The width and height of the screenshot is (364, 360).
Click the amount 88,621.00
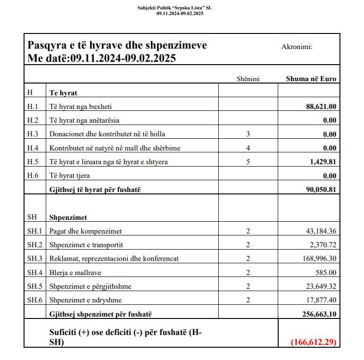(x=321, y=107)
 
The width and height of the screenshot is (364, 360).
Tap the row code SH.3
(x=34, y=259)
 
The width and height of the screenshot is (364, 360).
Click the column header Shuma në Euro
(x=311, y=79)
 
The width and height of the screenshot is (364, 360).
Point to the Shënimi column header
(x=248, y=79)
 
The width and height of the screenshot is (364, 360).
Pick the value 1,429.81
(x=323, y=162)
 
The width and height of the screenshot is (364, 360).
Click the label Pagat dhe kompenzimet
(x=85, y=231)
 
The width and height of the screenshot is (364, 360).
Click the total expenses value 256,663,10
(x=318, y=314)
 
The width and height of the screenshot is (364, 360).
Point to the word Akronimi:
(x=297, y=47)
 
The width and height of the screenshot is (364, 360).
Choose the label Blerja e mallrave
(x=75, y=272)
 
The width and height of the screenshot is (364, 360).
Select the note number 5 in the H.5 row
(x=248, y=162)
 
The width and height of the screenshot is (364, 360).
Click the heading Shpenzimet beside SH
(x=68, y=218)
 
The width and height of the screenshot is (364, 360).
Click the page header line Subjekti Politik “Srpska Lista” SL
(x=174, y=8)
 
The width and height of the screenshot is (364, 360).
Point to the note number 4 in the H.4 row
(x=248, y=148)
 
